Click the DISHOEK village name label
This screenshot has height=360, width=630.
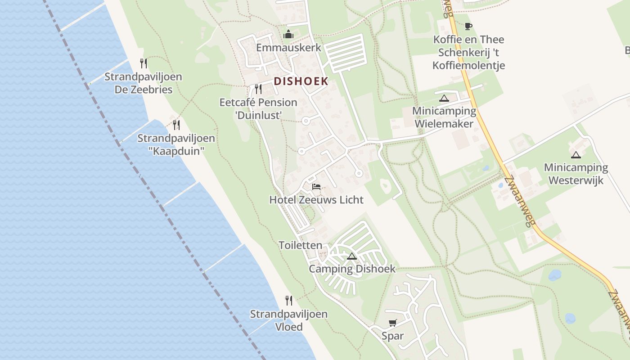[301, 81]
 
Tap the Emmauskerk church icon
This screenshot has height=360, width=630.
[288, 34]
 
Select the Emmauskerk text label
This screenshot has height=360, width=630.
[288, 48]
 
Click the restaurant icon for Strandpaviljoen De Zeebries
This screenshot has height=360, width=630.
[143, 63]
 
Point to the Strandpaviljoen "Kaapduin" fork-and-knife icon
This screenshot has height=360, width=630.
[176, 125]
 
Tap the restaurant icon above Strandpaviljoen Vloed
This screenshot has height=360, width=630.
[289, 300]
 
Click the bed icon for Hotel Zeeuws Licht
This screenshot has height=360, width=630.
[316, 186]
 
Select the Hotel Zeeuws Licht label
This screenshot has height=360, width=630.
[316, 200]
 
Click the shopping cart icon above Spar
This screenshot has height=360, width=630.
[393, 323]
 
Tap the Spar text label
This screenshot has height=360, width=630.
[393, 336]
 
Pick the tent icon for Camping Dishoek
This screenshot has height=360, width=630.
[352, 256]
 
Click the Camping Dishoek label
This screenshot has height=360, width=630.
[352, 269]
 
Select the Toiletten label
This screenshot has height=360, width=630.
[301, 245]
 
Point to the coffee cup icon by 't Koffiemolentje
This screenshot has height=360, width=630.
[468, 26]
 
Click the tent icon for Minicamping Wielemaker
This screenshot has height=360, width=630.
[444, 98]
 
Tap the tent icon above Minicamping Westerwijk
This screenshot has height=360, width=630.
[576, 155]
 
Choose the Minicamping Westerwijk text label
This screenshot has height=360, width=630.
[576, 174]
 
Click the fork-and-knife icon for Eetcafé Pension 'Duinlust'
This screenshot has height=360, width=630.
[258, 89]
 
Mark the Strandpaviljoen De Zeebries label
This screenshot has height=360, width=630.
[143, 83]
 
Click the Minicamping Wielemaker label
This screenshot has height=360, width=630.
[444, 117]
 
